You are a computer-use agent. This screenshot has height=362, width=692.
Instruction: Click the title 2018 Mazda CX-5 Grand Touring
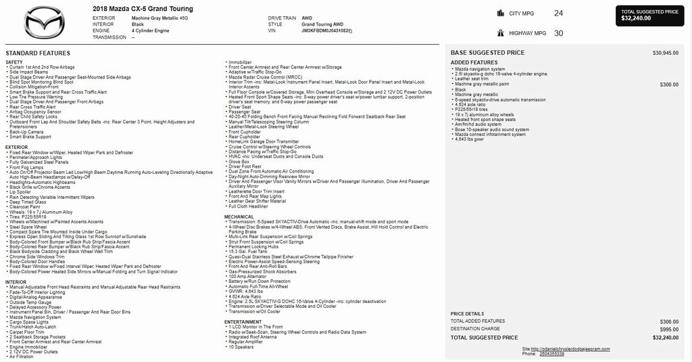[143, 9]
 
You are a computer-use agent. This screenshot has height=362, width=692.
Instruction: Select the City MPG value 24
[558, 13]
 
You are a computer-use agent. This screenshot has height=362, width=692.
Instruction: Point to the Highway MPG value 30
[558, 33]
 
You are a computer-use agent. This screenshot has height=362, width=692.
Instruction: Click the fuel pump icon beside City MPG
[501, 13]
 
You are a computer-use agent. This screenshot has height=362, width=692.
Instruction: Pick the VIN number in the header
[326, 31]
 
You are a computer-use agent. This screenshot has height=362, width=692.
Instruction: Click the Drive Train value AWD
[307, 18]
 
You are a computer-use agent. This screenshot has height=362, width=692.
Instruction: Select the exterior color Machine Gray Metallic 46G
[159, 18]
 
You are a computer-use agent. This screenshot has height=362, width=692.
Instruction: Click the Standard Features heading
[38, 53]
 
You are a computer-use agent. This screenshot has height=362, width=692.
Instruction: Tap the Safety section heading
[14, 62]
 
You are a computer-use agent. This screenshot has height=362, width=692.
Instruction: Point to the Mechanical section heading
[239, 217]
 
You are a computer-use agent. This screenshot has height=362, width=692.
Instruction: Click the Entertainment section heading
[243, 322]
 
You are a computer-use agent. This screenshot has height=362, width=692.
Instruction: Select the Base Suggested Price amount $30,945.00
[665, 53]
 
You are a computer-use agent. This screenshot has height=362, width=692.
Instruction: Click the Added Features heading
[474, 63]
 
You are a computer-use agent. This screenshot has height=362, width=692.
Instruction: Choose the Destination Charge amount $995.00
[668, 330]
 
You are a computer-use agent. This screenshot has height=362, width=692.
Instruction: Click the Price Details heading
[467, 314]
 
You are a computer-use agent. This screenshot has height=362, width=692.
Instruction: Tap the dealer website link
[574, 349]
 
